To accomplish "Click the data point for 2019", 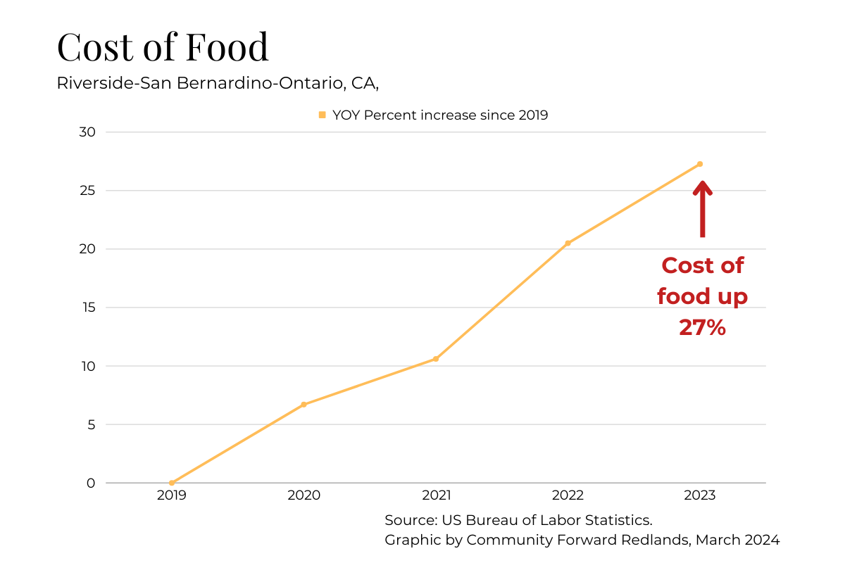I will point(172,483).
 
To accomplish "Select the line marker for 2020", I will point(303,405).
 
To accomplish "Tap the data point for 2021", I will point(436,359).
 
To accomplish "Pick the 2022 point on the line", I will point(568,243).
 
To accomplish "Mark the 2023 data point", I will point(699,164).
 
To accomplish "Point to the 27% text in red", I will point(702,327).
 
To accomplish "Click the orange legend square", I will point(323,115).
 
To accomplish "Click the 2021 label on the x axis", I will point(436,495).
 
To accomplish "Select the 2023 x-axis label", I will point(699,495).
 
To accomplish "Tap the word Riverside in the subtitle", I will point(96,82).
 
